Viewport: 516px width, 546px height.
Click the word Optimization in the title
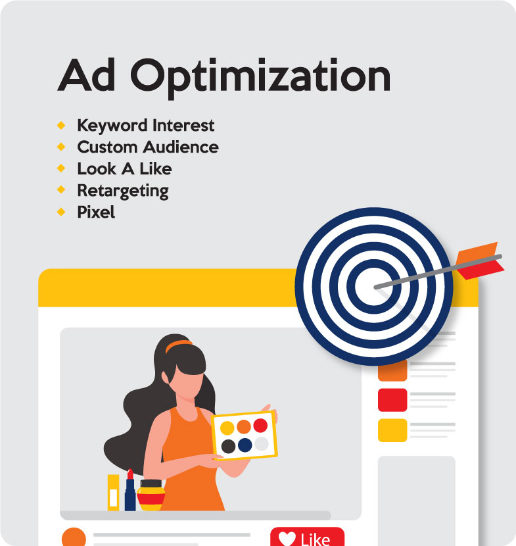(260, 78)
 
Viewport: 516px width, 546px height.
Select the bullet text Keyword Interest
(145, 126)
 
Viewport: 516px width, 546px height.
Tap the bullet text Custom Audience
(148, 147)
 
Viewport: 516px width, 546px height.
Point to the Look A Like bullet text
(124, 169)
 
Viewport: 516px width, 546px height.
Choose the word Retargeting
(123, 191)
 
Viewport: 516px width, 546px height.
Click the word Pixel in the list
(96, 212)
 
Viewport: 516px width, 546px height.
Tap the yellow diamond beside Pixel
(61, 212)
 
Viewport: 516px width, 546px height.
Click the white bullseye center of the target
(373, 286)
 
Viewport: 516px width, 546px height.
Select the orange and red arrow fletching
(479, 261)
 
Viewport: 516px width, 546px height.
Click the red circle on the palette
(260, 425)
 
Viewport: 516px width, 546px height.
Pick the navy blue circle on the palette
(245, 445)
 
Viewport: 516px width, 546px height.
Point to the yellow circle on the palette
(227, 428)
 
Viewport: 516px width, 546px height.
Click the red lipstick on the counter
(130, 490)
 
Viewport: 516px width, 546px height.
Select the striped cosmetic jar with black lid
(151, 495)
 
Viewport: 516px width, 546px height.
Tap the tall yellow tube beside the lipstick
(114, 493)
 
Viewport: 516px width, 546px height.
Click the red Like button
(307, 537)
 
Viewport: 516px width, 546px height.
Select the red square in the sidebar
(392, 400)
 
